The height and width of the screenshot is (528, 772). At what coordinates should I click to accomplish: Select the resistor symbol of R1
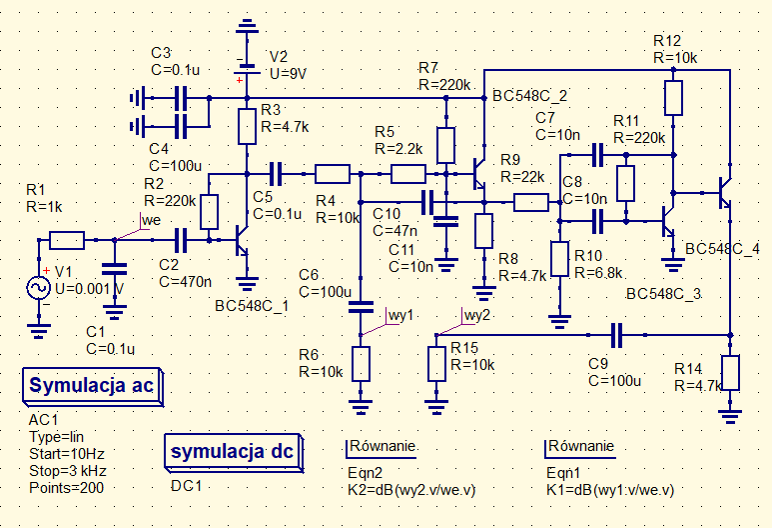pos(67,240)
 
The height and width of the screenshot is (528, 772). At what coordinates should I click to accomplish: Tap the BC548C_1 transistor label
pos(252,305)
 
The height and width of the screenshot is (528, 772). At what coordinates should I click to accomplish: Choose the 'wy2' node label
pos(477,314)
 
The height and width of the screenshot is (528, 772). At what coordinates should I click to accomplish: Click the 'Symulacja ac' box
pos(93,386)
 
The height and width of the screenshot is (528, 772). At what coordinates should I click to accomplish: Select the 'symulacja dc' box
pos(232,451)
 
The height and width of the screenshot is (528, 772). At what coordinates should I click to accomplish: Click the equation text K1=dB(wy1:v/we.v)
pos(610,490)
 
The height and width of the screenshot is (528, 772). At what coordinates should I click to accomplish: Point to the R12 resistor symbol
pos(673,97)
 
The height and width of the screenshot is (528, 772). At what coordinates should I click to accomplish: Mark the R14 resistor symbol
pos(731,372)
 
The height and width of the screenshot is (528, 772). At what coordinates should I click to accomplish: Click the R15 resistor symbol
pos(435,363)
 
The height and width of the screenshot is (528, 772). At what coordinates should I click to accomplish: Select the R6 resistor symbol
pos(360,363)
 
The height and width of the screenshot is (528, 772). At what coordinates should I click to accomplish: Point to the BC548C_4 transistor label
pos(723,248)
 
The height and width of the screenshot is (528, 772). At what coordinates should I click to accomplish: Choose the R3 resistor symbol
pos(247,126)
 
